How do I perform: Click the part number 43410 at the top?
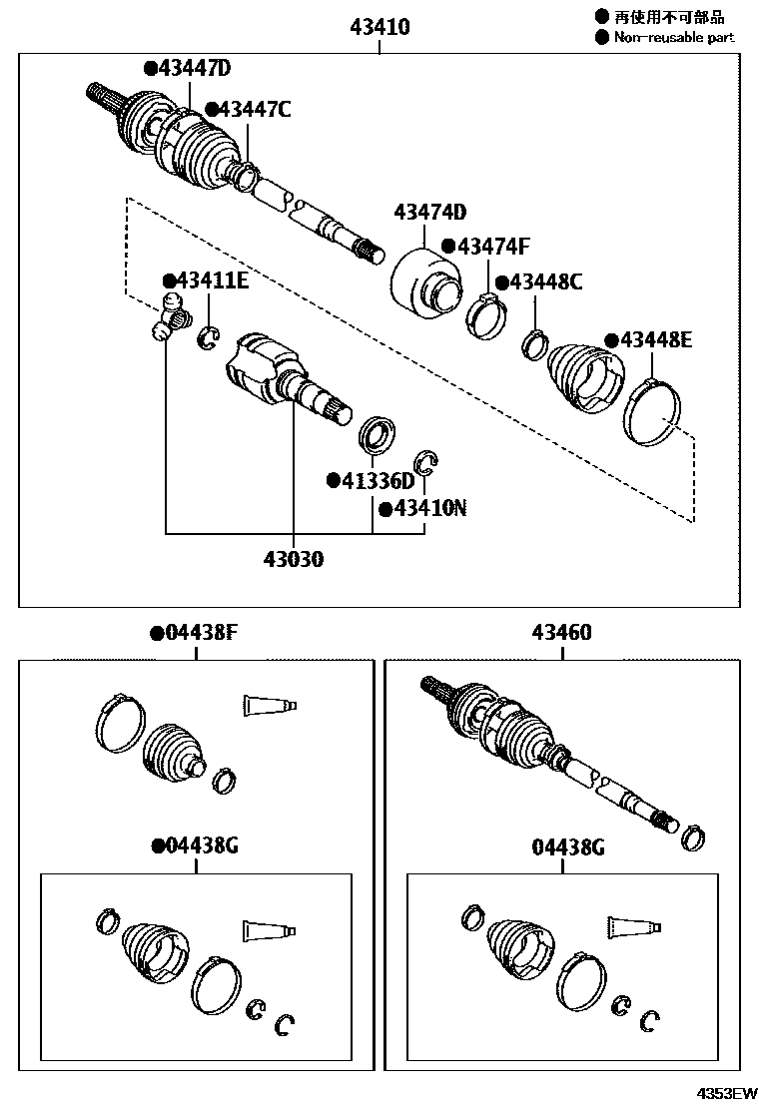tap(379, 27)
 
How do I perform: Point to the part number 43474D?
tap(430, 212)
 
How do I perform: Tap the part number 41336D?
tap(376, 481)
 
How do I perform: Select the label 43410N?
tap(427, 508)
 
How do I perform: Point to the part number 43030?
tap(294, 559)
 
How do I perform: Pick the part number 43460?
tap(561, 633)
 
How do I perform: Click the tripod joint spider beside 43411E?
tap(171, 316)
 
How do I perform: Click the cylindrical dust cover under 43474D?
tap(424, 280)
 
